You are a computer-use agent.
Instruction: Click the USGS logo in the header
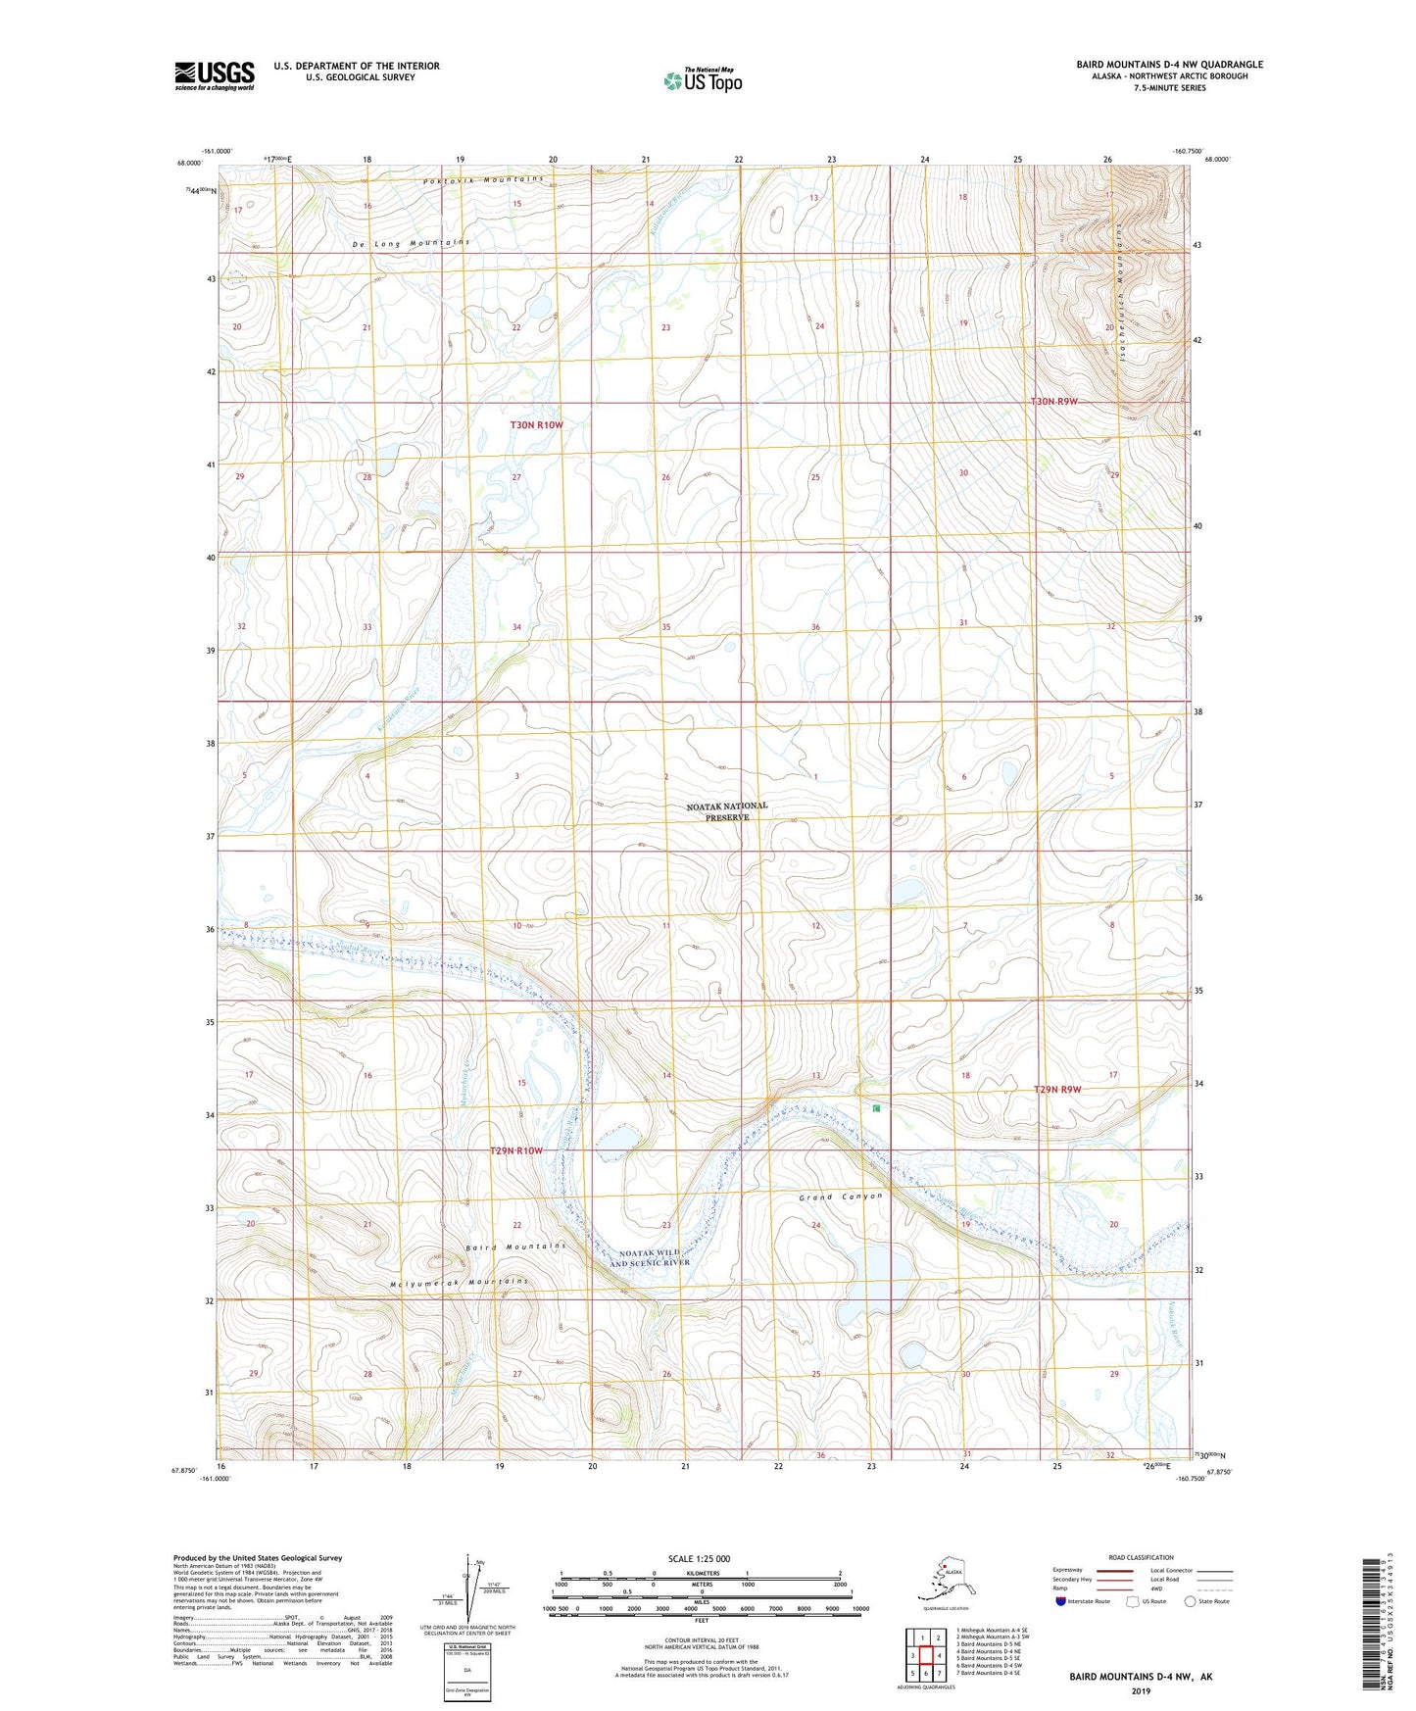pyautogui.click(x=214, y=75)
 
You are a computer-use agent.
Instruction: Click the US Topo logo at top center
pyautogui.click(x=703, y=80)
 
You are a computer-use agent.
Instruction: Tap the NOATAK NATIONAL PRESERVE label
pyautogui.click(x=726, y=811)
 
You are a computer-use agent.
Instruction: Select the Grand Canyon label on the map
pyautogui.click(x=840, y=1197)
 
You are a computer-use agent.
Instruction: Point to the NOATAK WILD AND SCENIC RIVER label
pyautogui.click(x=650, y=1257)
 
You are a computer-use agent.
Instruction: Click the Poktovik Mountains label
pyautogui.click(x=483, y=180)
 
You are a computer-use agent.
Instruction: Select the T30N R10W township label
pyautogui.click(x=536, y=425)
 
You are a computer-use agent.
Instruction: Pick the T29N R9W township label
pyautogui.click(x=1057, y=1090)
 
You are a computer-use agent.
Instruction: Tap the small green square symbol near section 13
pyautogui.click(x=876, y=1108)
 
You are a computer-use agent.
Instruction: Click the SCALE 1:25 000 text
pyautogui.click(x=699, y=1558)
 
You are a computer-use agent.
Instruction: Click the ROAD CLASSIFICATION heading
pyautogui.click(x=1141, y=1557)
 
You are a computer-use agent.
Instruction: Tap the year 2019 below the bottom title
pyautogui.click(x=1141, y=1691)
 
